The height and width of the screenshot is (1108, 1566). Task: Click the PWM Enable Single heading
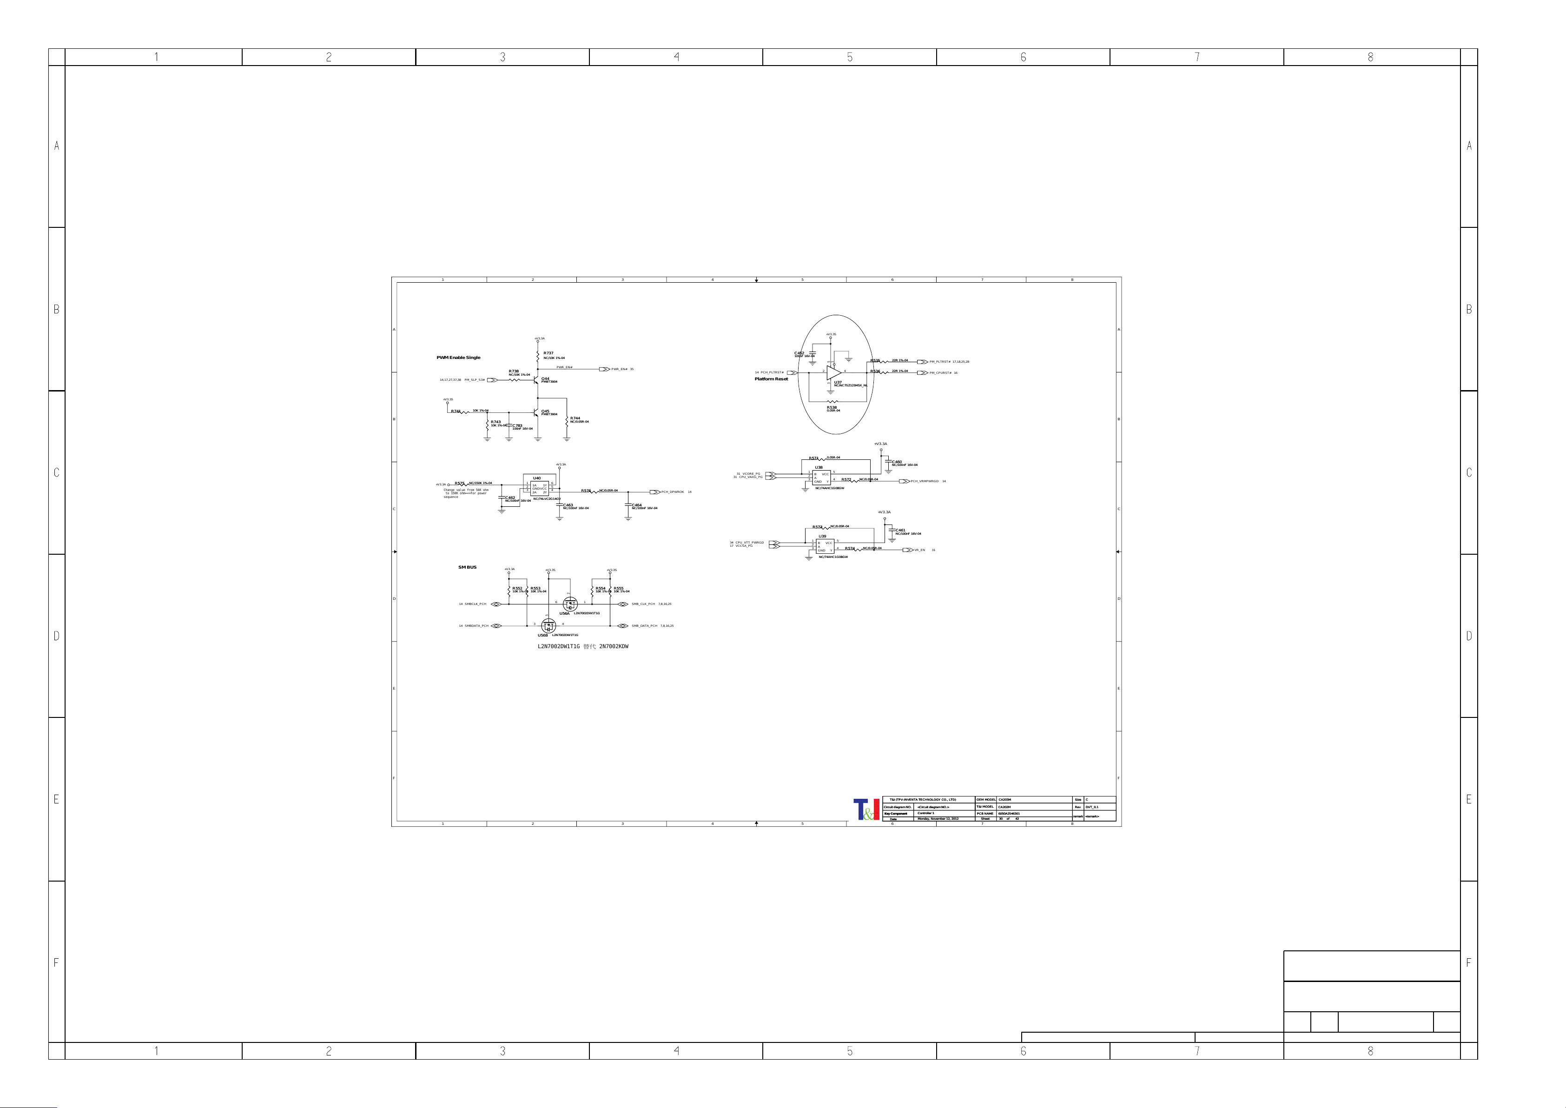click(458, 358)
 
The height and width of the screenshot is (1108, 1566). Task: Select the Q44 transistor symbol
click(537, 379)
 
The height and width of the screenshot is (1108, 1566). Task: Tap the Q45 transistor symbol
click(537, 413)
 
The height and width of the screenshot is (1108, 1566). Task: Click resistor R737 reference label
click(548, 353)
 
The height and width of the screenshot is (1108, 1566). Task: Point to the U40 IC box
click(540, 489)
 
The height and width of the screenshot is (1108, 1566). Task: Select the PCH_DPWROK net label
click(673, 492)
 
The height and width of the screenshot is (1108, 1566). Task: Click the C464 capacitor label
click(637, 505)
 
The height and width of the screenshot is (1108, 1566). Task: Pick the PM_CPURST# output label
click(940, 373)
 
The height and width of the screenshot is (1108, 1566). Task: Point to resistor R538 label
click(832, 407)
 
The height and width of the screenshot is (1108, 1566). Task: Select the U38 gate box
click(821, 478)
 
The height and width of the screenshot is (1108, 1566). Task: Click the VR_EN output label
click(919, 550)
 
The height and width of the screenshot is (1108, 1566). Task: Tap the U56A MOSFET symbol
click(570, 604)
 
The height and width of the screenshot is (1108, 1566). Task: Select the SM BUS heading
click(467, 568)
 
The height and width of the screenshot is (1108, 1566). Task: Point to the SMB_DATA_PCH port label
click(645, 626)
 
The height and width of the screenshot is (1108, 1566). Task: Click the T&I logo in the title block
click(866, 809)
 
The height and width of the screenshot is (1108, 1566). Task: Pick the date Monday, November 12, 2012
click(938, 819)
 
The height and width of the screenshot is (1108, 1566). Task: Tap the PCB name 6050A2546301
click(1010, 813)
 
